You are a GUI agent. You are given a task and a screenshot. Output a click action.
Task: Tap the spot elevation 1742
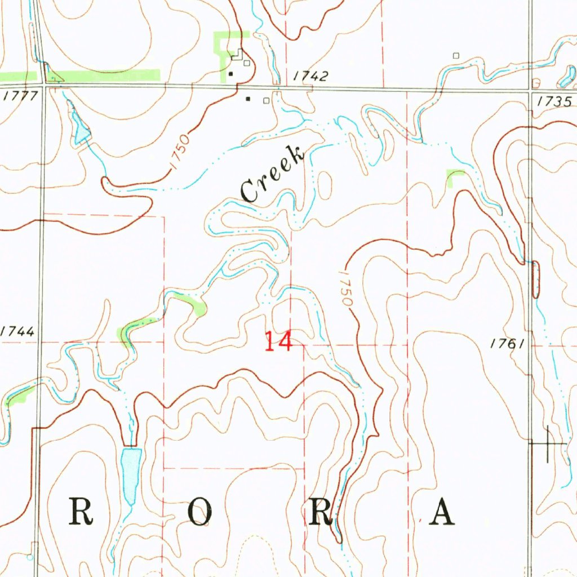point(310,77)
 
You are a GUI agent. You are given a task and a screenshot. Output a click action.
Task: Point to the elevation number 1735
point(554,101)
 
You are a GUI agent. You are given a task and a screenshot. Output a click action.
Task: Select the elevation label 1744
point(17,332)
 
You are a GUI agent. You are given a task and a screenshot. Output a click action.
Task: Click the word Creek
point(273,173)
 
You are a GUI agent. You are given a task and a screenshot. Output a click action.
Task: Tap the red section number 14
point(278,341)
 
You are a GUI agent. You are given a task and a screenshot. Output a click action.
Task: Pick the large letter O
point(199,513)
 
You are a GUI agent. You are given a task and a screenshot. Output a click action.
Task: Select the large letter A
point(441,513)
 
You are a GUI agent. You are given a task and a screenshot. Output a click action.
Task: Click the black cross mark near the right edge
point(547,444)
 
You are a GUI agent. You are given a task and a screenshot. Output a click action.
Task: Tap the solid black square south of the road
point(248,99)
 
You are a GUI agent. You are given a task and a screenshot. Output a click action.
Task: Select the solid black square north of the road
point(230,74)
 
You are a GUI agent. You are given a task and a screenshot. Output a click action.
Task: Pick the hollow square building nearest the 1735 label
point(536,83)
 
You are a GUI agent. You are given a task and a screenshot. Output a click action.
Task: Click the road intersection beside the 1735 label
point(531,90)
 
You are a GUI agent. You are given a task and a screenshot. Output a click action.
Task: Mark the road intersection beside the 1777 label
point(41,86)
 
